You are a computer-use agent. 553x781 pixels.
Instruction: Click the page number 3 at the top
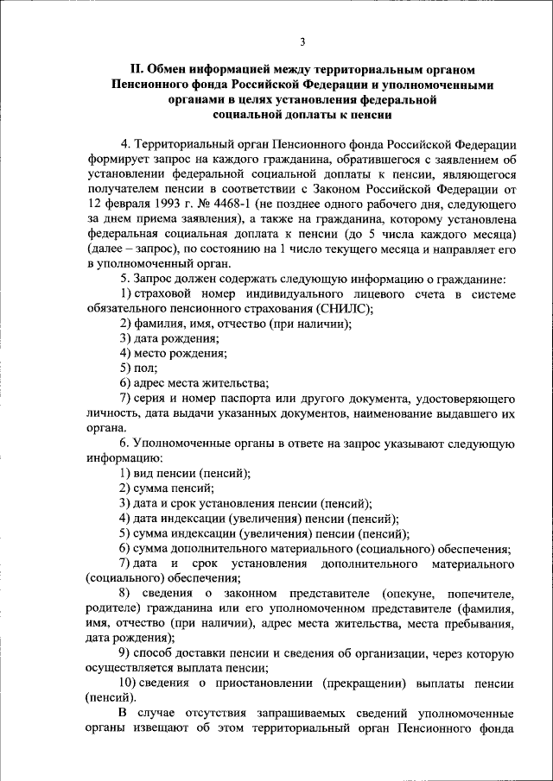[302, 41]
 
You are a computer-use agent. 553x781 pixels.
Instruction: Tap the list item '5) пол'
[138, 368]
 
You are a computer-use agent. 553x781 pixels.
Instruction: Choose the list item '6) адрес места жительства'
[194, 382]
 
